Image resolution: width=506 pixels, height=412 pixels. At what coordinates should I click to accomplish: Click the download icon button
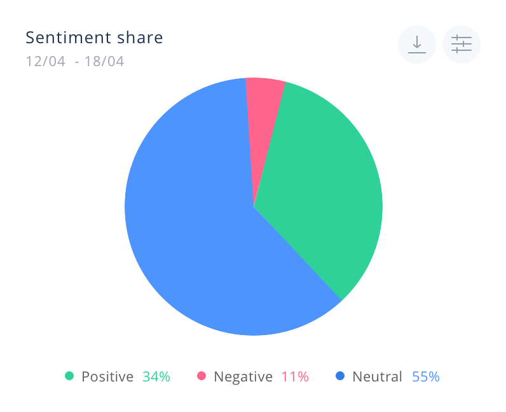(x=417, y=45)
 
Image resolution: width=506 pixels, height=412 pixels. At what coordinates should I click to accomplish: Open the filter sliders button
(x=462, y=45)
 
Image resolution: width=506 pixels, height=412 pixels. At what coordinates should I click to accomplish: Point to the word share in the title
(x=140, y=38)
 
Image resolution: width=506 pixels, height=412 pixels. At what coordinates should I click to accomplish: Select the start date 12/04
(x=46, y=61)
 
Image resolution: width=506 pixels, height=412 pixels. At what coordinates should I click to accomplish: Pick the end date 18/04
(x=104, y=61)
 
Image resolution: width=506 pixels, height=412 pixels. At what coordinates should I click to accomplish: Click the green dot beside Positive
(x=69, y=376)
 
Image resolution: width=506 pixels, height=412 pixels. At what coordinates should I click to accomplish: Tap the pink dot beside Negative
(x=202, y=376)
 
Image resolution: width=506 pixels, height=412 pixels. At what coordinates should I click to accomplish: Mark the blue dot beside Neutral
(x=340, y=376)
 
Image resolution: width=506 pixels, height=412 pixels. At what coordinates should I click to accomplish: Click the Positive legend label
(x=107, y=376)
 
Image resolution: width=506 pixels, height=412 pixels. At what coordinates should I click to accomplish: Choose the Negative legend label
(x=243, y=377)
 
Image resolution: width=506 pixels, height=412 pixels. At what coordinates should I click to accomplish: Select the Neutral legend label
(x=377, y=376)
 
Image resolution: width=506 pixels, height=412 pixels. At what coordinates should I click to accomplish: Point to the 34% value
(x=156, y=376)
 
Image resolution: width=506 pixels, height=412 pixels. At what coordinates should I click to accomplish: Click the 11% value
(x=296, y=376)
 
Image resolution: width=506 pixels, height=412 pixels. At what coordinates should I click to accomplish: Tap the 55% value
(x=426, y=376)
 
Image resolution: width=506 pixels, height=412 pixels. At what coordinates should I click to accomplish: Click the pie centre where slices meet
(x=254, y=207)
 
